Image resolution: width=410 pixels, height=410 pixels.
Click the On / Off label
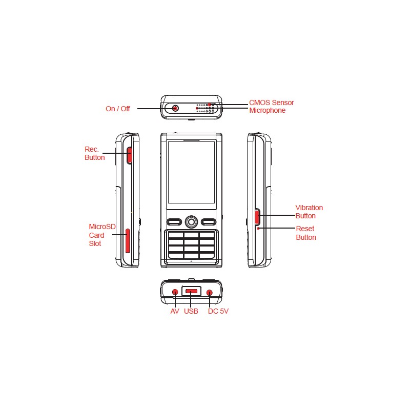point(118,109)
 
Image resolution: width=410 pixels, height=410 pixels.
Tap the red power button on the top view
point(175,108)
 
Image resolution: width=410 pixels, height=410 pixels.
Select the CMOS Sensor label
point(272,102)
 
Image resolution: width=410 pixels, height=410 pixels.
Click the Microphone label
point(267,110)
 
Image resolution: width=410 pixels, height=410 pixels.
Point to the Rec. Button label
point(95,153)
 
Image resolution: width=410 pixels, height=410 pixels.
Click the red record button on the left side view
point(129,155)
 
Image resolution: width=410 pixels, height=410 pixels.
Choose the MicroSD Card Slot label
point(102,235)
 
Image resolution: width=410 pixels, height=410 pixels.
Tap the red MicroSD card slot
point(128,241)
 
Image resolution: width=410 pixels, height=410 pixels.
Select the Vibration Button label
point(309,212)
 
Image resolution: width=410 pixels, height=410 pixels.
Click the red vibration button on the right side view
point(257,217)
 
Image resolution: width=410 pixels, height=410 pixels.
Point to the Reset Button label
point(306,233)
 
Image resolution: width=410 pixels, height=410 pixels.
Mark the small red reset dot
point(258,229)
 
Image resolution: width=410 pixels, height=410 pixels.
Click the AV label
point(175,311)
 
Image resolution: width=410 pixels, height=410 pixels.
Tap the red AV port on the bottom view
point(175,292)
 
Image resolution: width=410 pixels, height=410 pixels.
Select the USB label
point(191,311)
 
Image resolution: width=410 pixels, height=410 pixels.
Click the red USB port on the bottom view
point(191,291)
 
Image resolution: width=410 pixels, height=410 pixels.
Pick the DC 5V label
point(218,311)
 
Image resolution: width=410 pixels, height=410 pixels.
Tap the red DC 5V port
point(210,293)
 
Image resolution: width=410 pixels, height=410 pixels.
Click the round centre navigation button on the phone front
point(191,222)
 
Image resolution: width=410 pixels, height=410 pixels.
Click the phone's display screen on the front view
point(191,172)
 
